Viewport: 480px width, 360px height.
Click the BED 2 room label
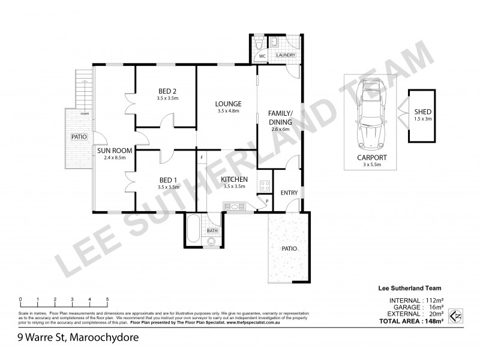tap(166, 91)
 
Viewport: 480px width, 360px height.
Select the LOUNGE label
tap(229, 103)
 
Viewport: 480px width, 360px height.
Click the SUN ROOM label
tap(110, 151)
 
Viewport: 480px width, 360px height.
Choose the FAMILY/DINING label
tap(280, 118)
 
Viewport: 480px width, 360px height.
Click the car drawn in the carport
tap(370, 116)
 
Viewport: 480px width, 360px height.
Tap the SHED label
tap(422, 112)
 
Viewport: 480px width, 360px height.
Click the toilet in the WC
tap(257, 44)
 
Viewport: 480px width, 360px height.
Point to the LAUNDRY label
tap(285, 56)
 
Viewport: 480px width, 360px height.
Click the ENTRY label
tap(289, 193)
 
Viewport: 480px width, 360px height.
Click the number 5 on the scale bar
tap(107, 299)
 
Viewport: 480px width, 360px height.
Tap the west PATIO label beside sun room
tap(79, 137)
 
